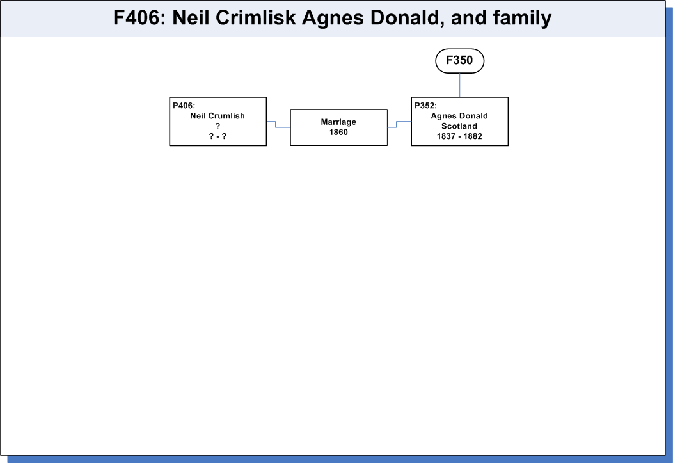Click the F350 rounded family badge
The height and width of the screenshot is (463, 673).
click(x=460, y=61)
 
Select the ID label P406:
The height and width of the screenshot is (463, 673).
click(x=184, y=106)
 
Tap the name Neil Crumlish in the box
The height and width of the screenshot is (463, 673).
click(x=218, y=116)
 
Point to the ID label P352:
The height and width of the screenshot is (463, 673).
click(x=426, y=106)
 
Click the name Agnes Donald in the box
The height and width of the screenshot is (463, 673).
click(x=459, y=116)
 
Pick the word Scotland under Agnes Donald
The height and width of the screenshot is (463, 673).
click(x=459, y=126)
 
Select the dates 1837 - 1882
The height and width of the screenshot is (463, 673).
click(x=459, y=136)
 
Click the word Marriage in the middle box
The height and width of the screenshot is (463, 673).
click(x=338, y=122)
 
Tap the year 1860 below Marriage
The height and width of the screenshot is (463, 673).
click(x=338, y=133)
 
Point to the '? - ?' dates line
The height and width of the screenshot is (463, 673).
click(x=218, y=136)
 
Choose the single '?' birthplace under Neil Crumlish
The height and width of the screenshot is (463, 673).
click(x=218, y=126)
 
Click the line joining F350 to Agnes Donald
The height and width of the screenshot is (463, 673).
click(x=460, y=85)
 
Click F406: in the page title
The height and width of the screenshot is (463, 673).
click(x=140, y=18)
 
